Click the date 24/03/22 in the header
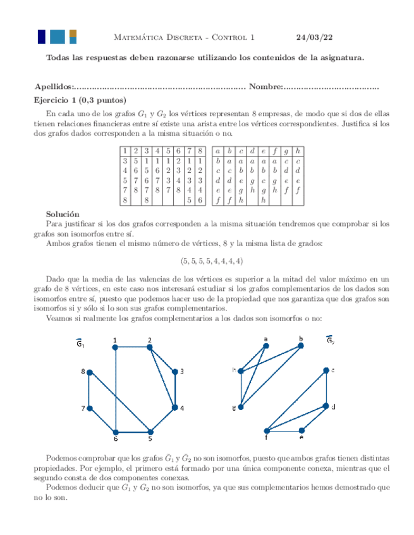click(x=314, y=37)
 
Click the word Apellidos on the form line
click(x=53, y=86)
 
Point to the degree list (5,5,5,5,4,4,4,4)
click(x=212, y=261)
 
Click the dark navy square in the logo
click(x=42, y=37)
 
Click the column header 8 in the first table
click(x=200, y=151)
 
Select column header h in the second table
click(x=298, y=151)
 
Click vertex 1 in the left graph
click(x=116, y=348)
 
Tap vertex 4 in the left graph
click(x=175, y=408)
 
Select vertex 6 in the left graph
click(x=116, y=432)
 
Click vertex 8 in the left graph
click(x=90, y=372)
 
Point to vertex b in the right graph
click(x=300, y=346)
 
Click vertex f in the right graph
click(x=266, y=431)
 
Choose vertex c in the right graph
click(x=326, y=370)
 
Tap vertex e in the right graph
click(x=301, y=430)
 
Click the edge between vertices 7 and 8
click(x=90, y=390)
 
